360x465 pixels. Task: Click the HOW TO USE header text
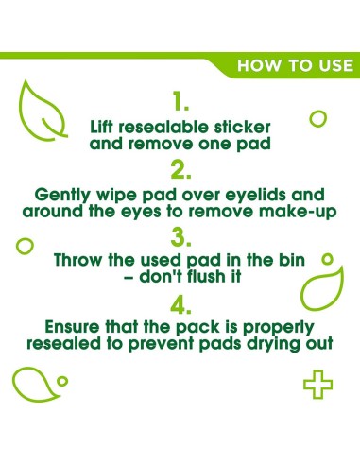click(295, 66)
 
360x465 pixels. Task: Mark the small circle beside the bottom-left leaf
click(62, 381)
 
